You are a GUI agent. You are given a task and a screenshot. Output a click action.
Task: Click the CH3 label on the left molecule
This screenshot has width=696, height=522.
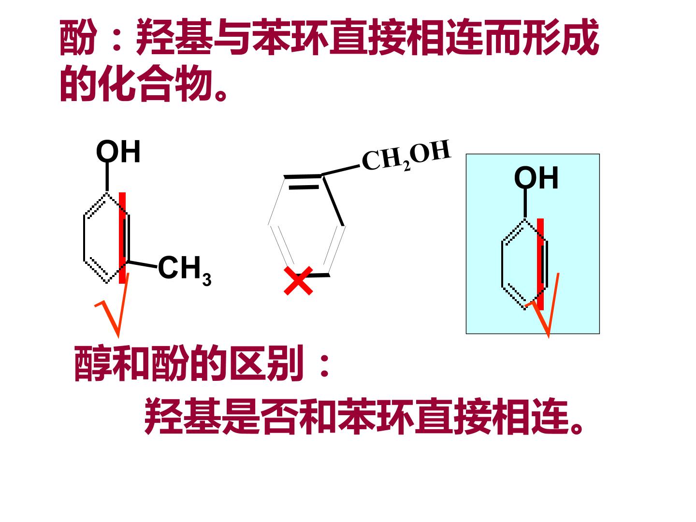pos(185,270)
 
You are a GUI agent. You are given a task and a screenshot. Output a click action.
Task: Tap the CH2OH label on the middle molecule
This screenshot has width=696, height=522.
pos(406,156)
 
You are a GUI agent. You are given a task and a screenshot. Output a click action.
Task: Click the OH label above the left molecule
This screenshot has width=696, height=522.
pos(118,151)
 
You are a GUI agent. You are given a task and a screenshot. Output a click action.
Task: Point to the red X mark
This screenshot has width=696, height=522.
pos(298,281)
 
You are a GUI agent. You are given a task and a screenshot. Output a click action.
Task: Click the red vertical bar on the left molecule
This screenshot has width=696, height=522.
pos(122,238)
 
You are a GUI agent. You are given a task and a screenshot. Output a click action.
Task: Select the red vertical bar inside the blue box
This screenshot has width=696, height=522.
pos(540,264)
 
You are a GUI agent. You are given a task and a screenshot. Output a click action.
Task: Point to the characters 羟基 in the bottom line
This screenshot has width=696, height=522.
pos(183,416)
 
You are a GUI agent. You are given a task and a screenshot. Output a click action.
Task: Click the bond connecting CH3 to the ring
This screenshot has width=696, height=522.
pos(143,264)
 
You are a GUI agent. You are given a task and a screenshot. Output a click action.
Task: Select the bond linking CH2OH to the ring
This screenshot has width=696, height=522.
pos(341,170)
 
